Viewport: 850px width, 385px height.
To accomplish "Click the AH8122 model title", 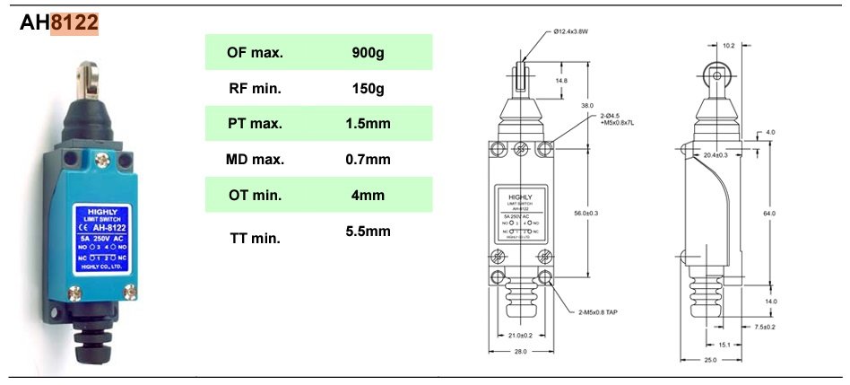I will coord(59,24).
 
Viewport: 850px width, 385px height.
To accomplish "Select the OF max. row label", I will coord(255,52).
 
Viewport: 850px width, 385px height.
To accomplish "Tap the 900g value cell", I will coord(368,52).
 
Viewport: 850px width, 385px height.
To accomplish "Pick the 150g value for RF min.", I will coord(368,88).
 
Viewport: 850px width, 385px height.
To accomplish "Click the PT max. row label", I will coord(255,123).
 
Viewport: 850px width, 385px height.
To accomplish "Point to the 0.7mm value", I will coord(368,159).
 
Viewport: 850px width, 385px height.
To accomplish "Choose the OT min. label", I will coord(255,195).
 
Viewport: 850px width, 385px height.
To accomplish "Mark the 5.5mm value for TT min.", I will coord(368,232).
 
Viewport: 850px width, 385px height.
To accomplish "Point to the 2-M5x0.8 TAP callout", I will coord(600,311).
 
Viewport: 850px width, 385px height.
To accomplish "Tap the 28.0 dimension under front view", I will coord(521,352).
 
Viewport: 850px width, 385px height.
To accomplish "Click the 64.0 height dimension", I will coord(768,213).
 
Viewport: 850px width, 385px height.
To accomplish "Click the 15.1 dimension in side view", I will coord(724,343).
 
